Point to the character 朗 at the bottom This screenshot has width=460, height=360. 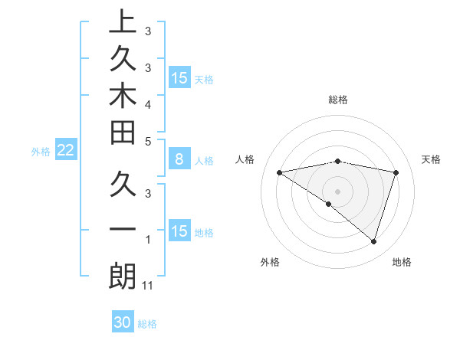coord(122,277)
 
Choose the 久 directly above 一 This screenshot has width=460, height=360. coord(122,186)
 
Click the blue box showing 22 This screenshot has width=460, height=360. coord(65,151)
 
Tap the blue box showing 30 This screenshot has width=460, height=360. coord(123,322)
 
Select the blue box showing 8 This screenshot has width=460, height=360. coord(179,159)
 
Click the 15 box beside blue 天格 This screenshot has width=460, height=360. coord(179,78)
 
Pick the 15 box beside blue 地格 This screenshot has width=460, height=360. coord(179,231)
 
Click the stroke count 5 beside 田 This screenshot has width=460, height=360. coord(147,140)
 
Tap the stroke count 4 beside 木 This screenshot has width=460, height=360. coord(147,103)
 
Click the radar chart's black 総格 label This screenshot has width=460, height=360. coord(338,99)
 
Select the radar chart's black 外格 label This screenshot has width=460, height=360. coord(269,262)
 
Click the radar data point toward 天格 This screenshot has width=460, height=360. coord(396,172)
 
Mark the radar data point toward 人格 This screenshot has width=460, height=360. coord(279,172)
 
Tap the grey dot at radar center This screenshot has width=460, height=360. coord(338,191)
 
